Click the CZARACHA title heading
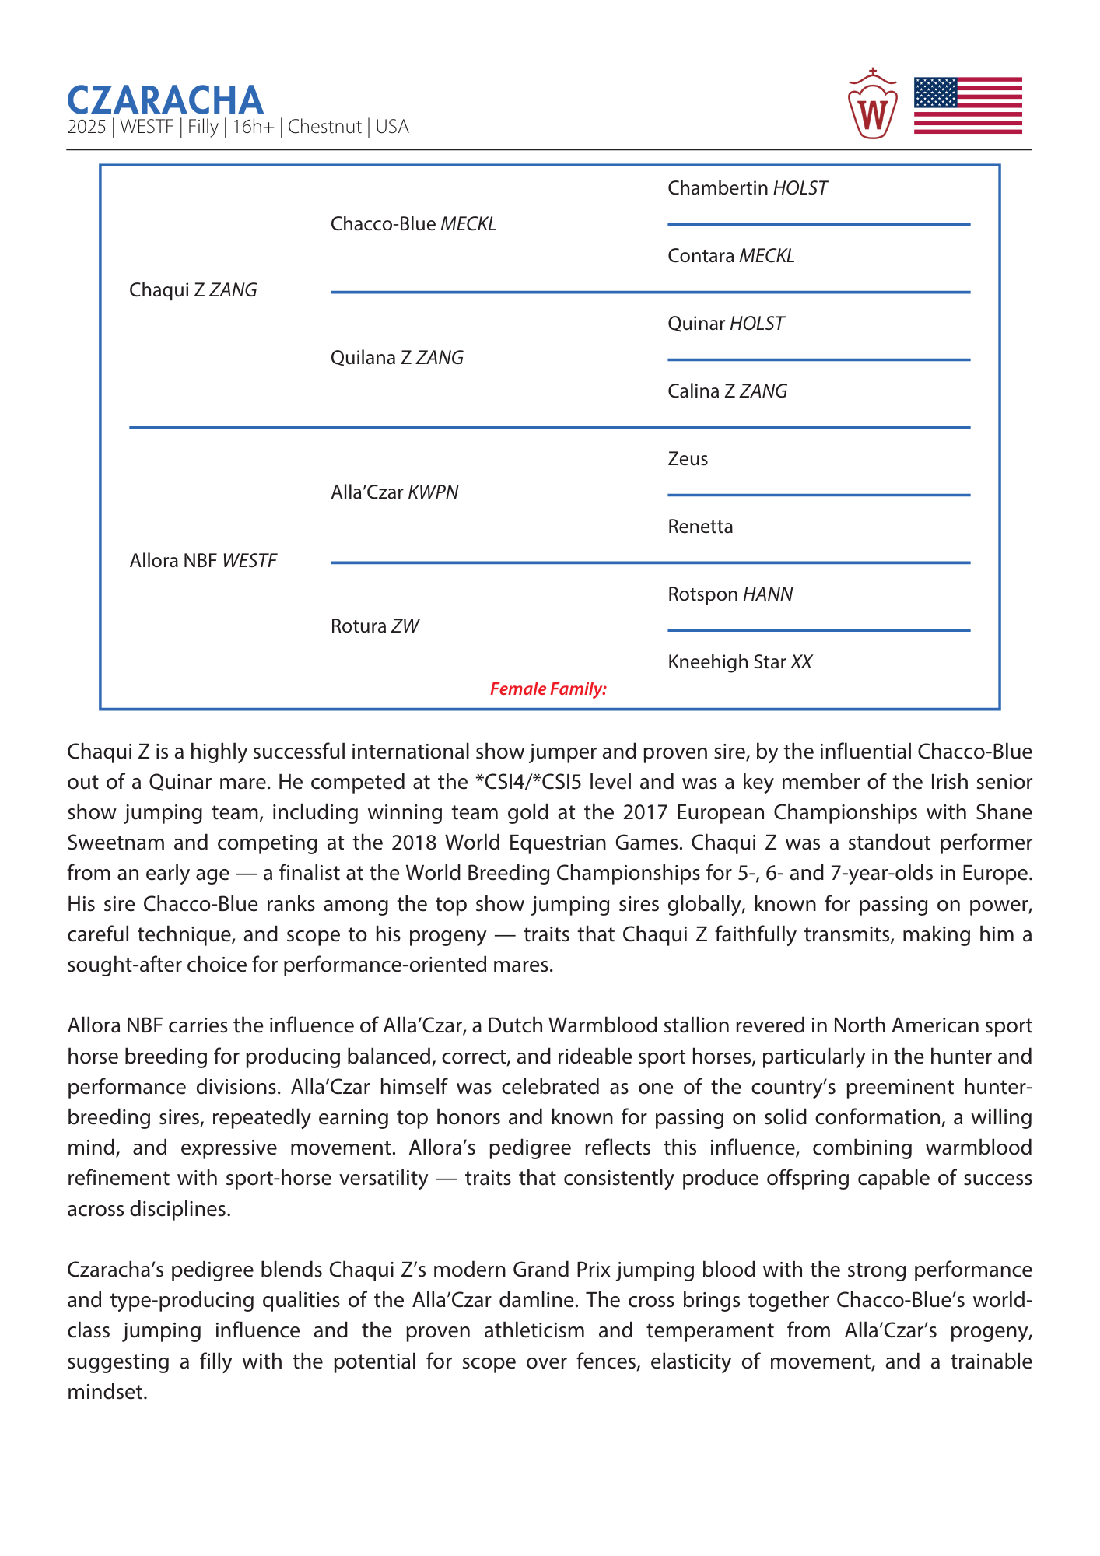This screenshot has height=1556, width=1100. click(165, 100)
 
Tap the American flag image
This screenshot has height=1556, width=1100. click(967, 106)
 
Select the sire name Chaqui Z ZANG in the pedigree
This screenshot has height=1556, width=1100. click(193, 290)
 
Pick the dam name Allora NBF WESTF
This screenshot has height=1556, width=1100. click(203, 561)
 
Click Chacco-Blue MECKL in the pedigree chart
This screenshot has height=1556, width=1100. click(413, 224)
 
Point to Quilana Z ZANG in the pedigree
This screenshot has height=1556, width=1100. click(397, 358)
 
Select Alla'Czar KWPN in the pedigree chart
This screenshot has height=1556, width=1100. click(394, 492)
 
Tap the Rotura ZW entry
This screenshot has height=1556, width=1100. click(374, 626)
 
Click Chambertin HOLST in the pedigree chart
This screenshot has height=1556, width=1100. click(748, 188)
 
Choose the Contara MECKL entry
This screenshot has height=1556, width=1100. click(731, 256)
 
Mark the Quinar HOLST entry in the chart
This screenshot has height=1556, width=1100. click(726, 324)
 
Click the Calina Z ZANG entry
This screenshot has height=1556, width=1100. click(727, 391)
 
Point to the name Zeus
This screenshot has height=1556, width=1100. click(688, 459)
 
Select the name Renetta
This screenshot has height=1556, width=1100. click(700, 527)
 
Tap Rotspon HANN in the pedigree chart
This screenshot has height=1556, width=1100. click(730, 594)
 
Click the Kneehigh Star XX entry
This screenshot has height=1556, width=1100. click(740, 662)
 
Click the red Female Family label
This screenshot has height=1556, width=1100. click(548, 689)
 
